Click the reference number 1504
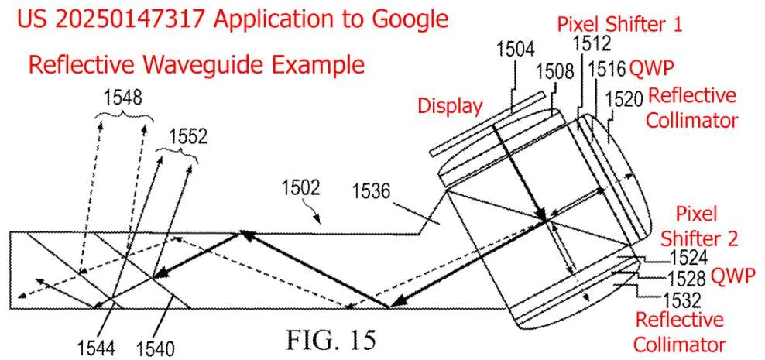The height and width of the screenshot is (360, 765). (x=516, y=50)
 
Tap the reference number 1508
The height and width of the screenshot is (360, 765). (x=554, y=72)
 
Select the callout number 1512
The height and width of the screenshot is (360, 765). (x=592, y=44)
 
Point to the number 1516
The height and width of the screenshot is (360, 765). (x=607, y=70)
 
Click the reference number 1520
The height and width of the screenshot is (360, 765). (x=624, y=100)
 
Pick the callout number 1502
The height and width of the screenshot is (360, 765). (x=300, y=187)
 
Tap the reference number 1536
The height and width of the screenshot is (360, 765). (x=372, y=192)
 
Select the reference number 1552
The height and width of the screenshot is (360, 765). (x=188, y=136)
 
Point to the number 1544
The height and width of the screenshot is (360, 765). (x=96, y=348)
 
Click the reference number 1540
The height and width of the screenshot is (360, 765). (x=155, y=348)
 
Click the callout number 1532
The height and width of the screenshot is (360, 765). (x=681, y=299)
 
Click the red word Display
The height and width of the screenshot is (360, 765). (x=450, y=105)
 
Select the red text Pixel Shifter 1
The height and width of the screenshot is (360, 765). (x=619, y=25)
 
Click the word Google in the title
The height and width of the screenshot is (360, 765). (x=410, y=19)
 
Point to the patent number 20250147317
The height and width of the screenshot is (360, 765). (x=129, y=19)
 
